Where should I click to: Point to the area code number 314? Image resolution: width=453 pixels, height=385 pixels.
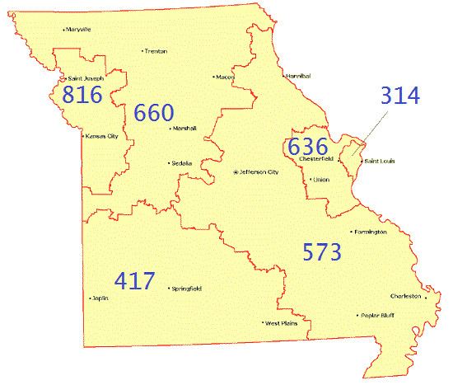point(399,96)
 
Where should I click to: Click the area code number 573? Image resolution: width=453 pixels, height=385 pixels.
point(320,251)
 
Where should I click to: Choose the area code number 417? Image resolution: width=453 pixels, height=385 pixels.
point(133,280)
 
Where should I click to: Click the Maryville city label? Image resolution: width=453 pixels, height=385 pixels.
point(79,30)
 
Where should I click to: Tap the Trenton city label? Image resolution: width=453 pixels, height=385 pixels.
point(156,51)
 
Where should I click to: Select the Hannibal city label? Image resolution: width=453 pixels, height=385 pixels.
point(298,76)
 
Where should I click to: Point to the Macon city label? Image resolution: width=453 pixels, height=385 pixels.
point(226,77)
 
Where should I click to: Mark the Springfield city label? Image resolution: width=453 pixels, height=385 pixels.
point(187,289)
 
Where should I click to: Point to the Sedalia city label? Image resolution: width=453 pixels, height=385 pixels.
point(181,163)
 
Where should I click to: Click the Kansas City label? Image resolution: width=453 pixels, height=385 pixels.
point(107,136)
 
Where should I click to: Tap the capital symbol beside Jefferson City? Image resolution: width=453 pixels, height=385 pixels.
point(236,172)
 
